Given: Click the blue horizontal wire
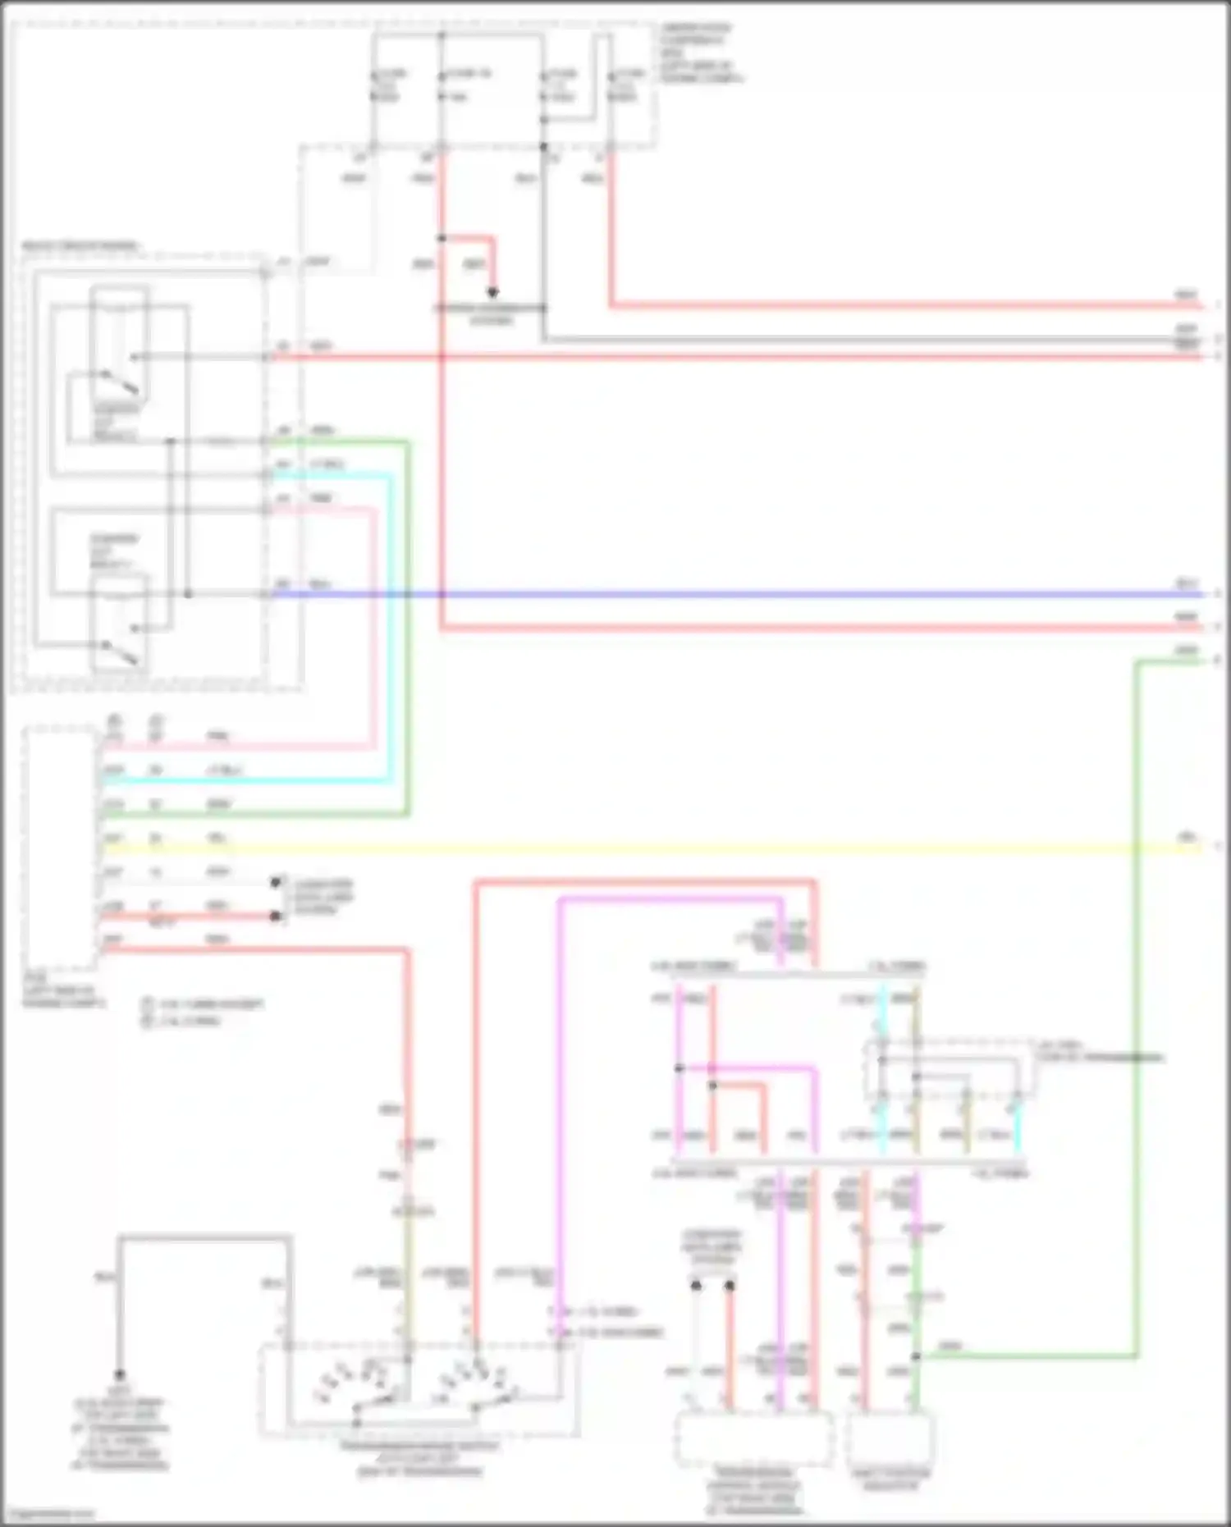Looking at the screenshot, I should click(739, 594).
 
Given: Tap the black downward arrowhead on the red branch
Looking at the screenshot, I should click(493, 292).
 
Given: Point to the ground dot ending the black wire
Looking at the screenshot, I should click(120, 1374).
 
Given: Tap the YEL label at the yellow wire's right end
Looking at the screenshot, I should click(1187, 836).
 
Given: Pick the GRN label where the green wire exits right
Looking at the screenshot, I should click(1186, 651).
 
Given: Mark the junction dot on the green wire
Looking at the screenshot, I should click(916, 1357).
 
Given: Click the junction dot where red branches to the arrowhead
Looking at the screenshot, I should click(442, 238).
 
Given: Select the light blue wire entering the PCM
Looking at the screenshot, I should click(246, 780).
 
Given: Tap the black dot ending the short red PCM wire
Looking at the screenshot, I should click(276, 916).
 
